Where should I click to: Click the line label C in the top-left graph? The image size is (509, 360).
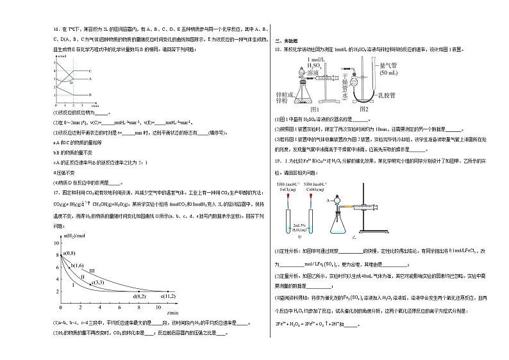coord(90,70)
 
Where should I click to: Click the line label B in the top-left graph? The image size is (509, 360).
coord(90,94)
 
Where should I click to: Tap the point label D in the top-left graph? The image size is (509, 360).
coord(71,83)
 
